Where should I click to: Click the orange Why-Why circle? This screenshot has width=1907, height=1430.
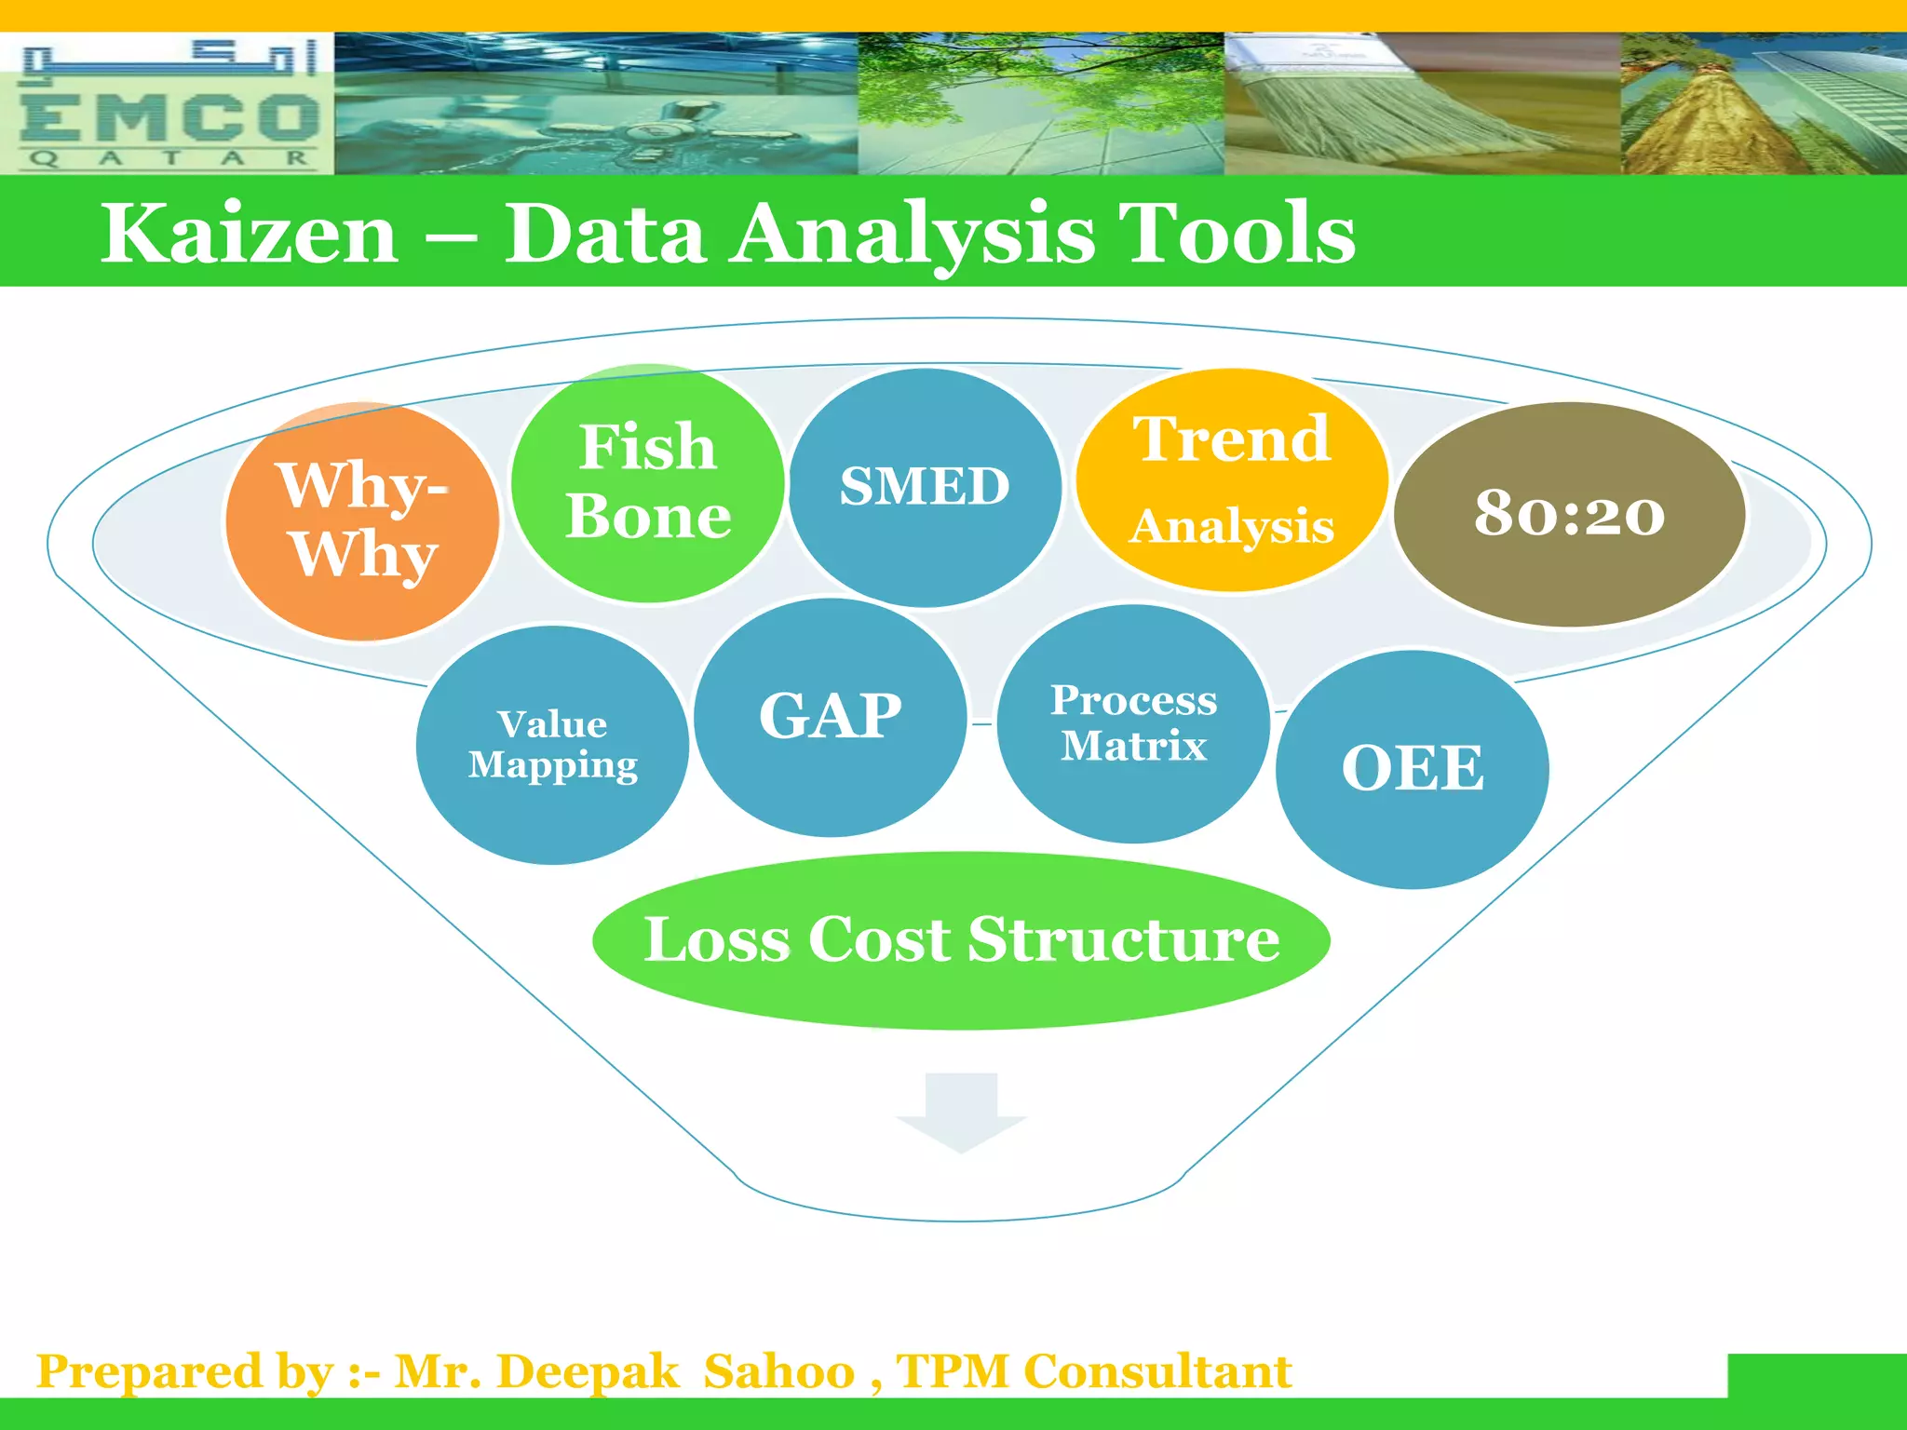[x=361, y=522]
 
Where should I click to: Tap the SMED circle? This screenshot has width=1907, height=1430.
[x=925, y=487]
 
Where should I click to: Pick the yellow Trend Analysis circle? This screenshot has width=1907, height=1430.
[x=1231, y=480]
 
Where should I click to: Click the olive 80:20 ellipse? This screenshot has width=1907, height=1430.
[x=1569, y=514]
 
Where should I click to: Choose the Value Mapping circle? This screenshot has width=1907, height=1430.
[x=552, y=745]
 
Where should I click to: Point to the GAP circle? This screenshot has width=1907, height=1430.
[x=830, y=717]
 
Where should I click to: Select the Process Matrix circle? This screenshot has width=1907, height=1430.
[x=1133, y=723]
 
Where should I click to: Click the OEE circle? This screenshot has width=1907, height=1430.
[x=1412, y=769]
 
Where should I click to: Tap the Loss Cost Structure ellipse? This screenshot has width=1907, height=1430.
[x=960, y=939]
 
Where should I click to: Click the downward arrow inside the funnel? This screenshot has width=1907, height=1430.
[x=961, y=1113]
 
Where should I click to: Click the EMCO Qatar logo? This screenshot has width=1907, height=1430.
[x=168, y=104]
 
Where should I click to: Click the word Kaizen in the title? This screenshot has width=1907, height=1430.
[x=250, y=234]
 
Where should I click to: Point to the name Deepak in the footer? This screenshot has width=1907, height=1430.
[x=588, y=1372]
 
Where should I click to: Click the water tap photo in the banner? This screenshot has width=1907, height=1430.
[x=596, y=104]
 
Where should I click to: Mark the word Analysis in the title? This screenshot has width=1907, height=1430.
[x=913, y=234]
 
